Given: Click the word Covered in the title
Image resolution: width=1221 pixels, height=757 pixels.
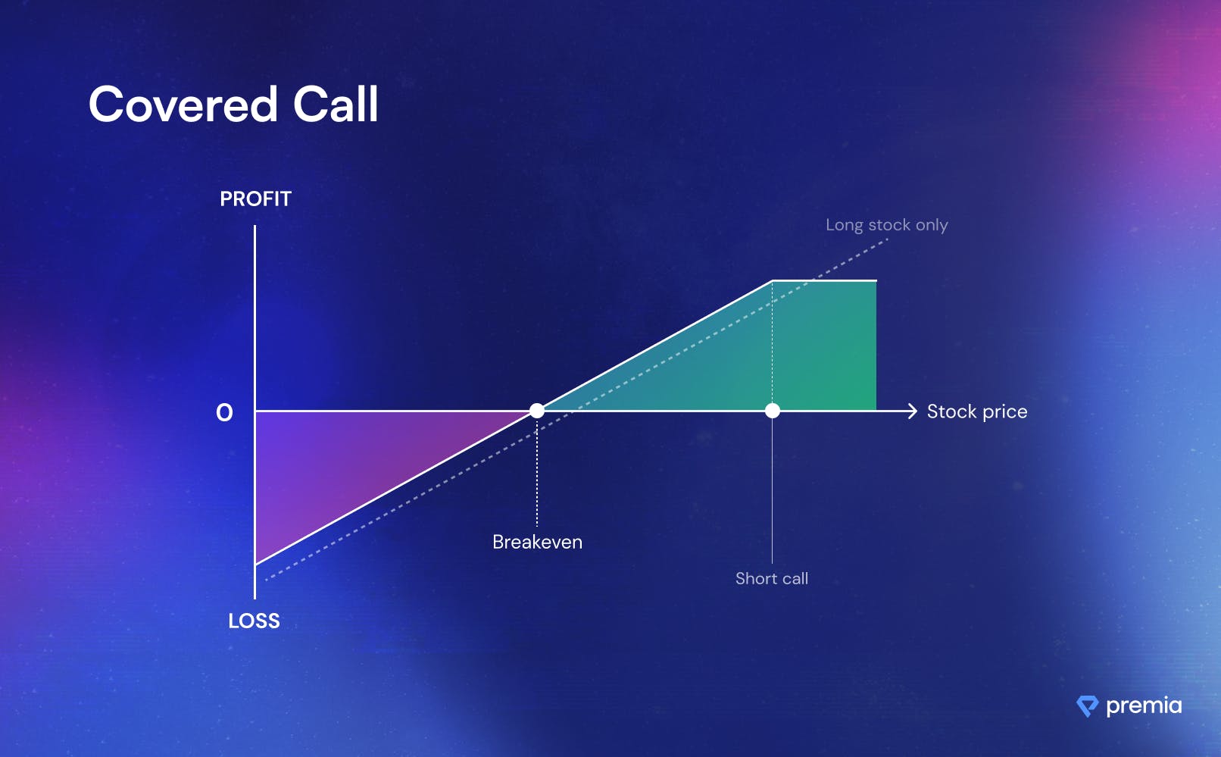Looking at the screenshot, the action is (x=183, y=104).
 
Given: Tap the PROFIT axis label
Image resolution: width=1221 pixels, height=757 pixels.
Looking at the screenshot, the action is (x=256, y=199).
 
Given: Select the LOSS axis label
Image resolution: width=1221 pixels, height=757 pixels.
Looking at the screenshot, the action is (x=254, y=621).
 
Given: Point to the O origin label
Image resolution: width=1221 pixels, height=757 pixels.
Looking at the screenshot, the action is (x=224, y=413).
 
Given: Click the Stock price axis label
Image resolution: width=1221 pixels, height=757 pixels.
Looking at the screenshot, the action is (x=977, y=411).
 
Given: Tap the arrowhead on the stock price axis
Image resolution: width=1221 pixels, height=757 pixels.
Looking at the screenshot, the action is (x=912, y=411).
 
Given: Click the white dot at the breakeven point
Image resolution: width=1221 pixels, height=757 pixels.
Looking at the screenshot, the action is (x=537, y=411).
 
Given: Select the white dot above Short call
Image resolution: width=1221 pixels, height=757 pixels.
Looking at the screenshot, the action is (x=773, y=411).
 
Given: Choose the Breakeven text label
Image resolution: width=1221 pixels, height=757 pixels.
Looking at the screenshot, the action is (x=538, y=542).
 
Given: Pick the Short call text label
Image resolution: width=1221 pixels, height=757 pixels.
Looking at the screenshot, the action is (x=772, y=578).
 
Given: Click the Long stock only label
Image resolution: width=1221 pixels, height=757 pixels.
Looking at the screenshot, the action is (x=887, y=225).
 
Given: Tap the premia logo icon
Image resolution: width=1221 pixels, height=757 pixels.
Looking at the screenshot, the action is (x=1087, y=706).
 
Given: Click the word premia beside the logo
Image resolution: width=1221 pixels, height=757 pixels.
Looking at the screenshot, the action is (x=1144, y=705).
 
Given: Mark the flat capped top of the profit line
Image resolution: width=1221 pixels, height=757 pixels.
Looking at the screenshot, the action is (x=824, y=280).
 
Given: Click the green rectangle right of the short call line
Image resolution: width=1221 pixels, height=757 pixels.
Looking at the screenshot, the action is (x=824, y=346).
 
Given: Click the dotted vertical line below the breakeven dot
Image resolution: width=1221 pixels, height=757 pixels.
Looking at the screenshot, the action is (x=537, y=472).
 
